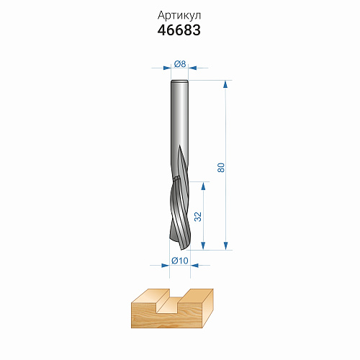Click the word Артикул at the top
179,16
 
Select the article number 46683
179,30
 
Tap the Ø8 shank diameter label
180,64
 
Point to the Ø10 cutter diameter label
180,261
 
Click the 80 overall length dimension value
221,167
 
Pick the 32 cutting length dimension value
198,217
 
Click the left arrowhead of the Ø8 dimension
167,68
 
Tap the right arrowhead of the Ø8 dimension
192,68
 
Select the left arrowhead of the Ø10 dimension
166,266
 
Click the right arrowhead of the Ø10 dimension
194,266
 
